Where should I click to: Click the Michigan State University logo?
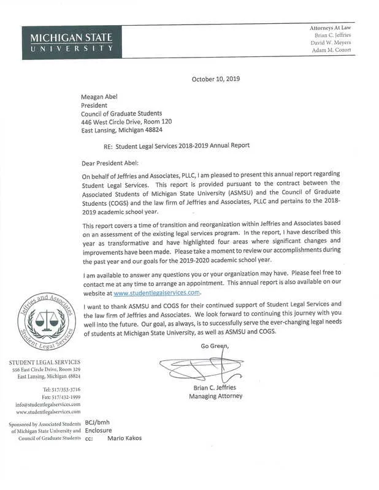point(71,42)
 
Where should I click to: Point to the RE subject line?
point(177,146)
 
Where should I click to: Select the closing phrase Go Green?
point(214,347)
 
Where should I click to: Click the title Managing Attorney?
point(215,396)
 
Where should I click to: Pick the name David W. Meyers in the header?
point(331,43)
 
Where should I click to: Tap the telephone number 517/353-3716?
point(61,390)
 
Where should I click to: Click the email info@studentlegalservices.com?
point(48,405)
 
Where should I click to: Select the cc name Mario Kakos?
point(124,438)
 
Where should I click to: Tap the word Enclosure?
point(98,431)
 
